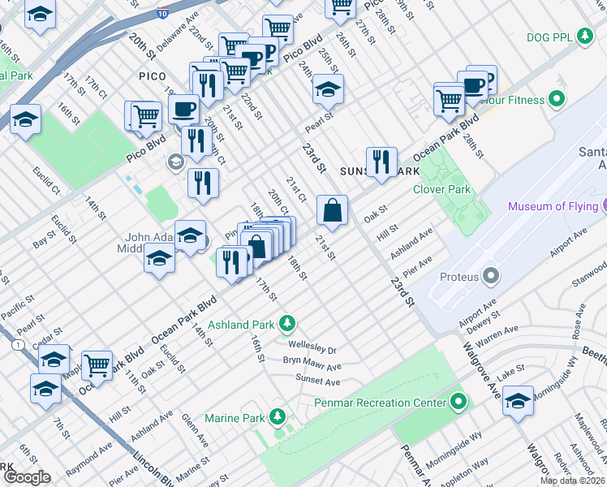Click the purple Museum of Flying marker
(601, 206)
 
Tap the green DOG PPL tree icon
(583, 36)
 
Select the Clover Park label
(441, 189)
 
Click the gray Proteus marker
(490, 277)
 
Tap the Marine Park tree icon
(278, 418)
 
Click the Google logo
(27, 477)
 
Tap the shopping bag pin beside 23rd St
(332, 210)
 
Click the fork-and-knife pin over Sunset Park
(380, 162)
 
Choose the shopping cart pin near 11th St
(97, 365)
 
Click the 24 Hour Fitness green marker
(557, 100)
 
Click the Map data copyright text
(573, 481)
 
